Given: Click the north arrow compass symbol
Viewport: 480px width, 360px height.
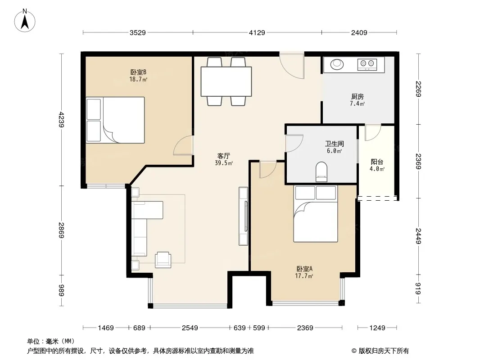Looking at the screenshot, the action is click(x=25, y=21).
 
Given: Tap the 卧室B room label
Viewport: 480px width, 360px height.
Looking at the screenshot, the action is click(x=138, y=72).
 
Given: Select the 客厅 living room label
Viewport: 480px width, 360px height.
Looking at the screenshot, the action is click(x=224, y=156).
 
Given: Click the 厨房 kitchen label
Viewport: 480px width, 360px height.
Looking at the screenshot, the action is click(x=357, y=97).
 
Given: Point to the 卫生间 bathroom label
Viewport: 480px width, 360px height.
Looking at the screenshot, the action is click(x=334, y=144).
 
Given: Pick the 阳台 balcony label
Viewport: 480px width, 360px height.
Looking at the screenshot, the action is click(x=377, y=162).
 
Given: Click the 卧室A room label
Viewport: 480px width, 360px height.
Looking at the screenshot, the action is click(x=304, y=269).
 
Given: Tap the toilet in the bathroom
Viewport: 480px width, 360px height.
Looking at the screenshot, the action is click(x=322, y=172).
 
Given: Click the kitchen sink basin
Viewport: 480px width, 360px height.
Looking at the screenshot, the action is click(x=337, y=64).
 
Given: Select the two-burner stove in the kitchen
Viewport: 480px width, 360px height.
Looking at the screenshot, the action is click(x=367, y=64).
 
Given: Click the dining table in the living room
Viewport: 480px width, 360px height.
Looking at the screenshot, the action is click(x=226, y=81).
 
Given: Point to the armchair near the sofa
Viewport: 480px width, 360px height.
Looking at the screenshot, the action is click(x=163, y=260).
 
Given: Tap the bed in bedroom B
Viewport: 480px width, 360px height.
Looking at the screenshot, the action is click(x=115, y=120).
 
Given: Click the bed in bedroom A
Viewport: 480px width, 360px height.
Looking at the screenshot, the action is click(x=316, y=214).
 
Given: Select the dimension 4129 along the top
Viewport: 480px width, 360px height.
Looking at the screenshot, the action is click(x=257, y=32).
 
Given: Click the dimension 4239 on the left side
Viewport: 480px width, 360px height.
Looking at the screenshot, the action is click(x=61, y=120).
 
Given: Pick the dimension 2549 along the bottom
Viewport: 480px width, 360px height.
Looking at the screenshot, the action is click(x=190, y=328).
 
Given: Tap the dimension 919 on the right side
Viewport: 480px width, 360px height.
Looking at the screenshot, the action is click(x=418, y=289).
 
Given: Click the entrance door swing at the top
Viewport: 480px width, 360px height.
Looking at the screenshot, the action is click(x=292, y=66).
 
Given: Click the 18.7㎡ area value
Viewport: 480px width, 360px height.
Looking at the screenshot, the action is click(x=138, y=79).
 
